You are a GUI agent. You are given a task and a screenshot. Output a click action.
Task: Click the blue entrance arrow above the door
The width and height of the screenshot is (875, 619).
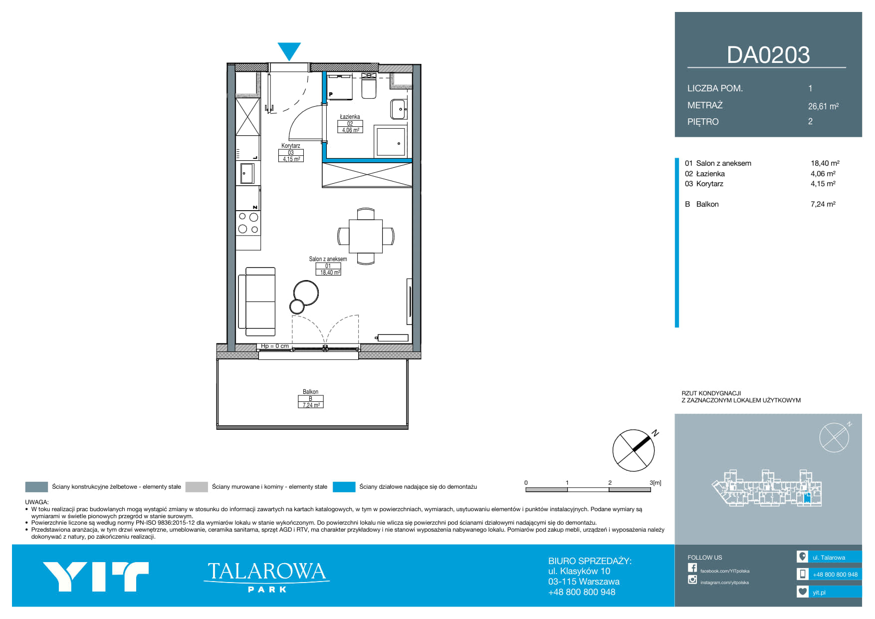coord(289,51)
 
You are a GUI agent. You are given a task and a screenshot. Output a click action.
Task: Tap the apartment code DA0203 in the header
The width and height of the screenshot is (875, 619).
coord(768,55)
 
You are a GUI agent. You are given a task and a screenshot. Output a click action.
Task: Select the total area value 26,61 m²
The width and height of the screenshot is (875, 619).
coord(823,106)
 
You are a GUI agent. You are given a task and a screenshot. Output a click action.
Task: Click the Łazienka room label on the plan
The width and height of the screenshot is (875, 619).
coord(350,117)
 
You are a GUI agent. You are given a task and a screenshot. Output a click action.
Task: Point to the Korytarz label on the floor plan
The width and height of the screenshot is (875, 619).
coord(290,146)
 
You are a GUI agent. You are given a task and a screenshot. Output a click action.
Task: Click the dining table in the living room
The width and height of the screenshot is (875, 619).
coord(366,236)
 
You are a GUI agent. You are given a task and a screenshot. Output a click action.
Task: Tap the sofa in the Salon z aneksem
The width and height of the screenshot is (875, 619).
coord(257,302)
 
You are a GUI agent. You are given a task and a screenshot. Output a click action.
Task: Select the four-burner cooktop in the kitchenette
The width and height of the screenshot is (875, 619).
coord(248,223)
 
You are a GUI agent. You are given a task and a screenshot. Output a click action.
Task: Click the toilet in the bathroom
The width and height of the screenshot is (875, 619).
coord(369,86)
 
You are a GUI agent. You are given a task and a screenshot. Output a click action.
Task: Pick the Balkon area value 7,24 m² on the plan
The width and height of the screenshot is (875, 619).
coord(311,405)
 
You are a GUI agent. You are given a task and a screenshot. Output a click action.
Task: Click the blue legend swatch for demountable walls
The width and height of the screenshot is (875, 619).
coord(344,487)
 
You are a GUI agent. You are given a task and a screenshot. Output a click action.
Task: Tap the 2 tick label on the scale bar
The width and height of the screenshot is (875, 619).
coord(610,483)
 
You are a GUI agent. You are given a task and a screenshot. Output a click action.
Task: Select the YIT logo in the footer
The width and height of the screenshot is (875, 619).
coord(96,577)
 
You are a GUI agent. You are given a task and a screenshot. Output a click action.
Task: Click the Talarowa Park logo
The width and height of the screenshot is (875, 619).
coord(266,577)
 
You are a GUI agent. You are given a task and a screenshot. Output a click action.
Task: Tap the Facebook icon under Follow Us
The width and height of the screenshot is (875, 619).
coord(692,568)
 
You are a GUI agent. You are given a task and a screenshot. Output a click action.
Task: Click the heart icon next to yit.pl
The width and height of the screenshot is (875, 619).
coord(802,592)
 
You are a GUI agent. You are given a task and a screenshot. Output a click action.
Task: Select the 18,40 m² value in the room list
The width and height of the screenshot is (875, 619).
coord(825,163)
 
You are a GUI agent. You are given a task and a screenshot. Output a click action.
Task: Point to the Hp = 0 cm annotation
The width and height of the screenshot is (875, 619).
coord(275,346)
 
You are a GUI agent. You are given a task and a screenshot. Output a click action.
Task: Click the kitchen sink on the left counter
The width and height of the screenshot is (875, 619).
coord(248,174)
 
